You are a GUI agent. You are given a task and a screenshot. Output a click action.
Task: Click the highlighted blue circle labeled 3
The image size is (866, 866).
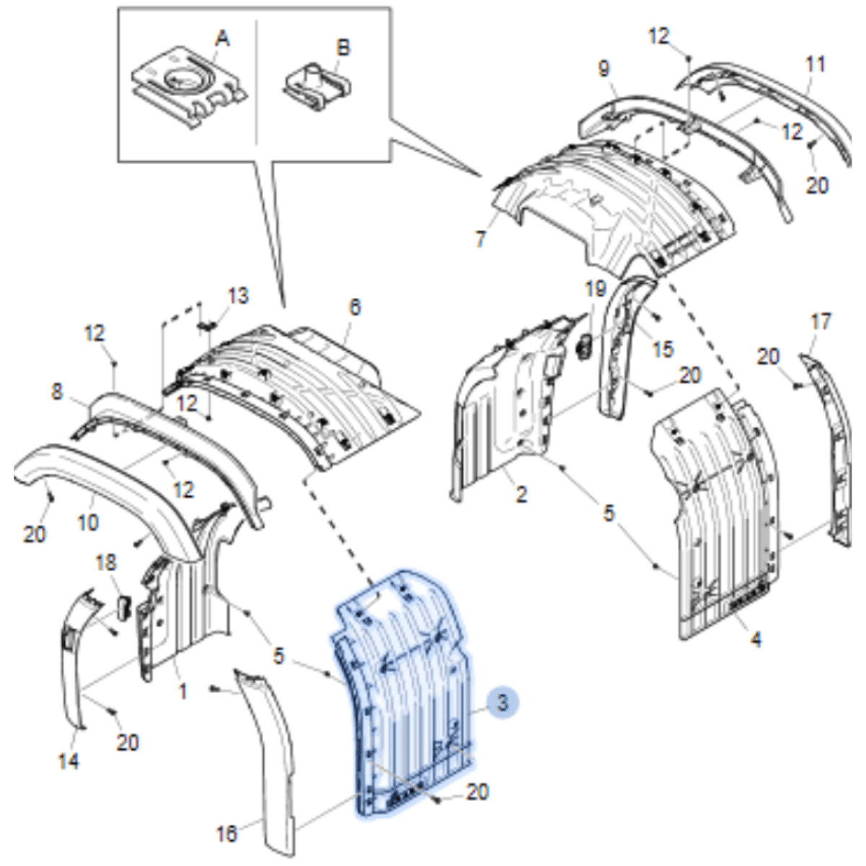coord(503,701)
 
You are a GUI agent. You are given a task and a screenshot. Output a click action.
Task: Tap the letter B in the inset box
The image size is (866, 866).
coord(343,48)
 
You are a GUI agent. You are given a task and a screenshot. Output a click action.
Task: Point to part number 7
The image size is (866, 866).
coord(481,239)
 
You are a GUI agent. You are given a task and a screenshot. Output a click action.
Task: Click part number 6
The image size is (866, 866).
coord(354,307)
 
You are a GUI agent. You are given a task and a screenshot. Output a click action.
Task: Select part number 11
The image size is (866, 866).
coord(815,64)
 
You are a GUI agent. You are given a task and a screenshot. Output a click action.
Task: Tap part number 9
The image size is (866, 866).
coord(604,69)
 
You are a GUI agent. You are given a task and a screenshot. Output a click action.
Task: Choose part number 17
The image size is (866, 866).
coord(821,321)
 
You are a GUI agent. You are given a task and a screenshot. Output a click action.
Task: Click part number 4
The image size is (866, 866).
coord(755,638)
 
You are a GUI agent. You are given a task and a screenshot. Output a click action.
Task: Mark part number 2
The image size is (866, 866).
coord(521,495)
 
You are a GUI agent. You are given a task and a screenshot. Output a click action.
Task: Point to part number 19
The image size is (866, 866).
coord(595,290)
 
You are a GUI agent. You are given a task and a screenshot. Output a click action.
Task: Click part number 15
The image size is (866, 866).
coord(662,349)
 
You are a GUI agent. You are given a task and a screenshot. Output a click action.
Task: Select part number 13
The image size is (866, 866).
coord(238,296)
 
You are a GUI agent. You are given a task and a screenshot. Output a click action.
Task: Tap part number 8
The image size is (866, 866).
coord(58,393)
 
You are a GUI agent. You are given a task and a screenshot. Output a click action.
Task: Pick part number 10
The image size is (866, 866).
coord(88,521)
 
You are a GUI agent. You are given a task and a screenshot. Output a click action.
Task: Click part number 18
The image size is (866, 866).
coord(106,562)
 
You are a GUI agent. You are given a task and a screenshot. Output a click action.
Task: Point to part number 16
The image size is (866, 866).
coord(226,834)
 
